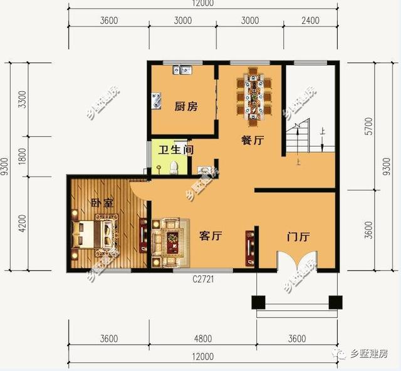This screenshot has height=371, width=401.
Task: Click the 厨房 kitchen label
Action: [x=185, y=107]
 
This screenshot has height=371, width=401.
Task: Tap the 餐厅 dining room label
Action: [x=251, y=141]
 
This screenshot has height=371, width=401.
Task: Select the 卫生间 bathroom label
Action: [x=175, y=150]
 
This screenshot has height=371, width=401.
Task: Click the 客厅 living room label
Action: [x=211, y=236]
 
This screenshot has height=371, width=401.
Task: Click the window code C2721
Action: [x=204, y=279]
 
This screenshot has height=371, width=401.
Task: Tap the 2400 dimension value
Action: [x=310, y=20]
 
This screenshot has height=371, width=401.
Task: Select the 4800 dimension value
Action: [x=202, y=339]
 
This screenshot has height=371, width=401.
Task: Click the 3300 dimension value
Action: [x=23, y=99]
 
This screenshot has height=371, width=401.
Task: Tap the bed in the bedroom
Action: [x=94, y=235]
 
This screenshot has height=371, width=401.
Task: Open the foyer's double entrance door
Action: [x=298, y=263]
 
